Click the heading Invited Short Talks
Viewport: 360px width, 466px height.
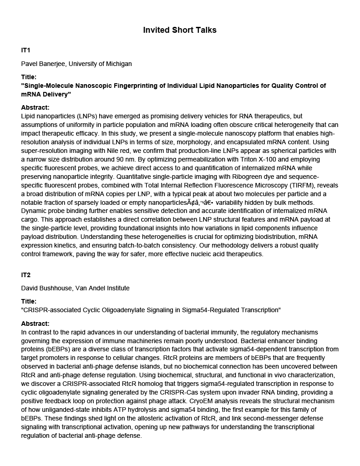(180, 30)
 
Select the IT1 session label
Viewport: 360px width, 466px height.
(26, 50)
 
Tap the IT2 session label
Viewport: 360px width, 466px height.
(26, 275)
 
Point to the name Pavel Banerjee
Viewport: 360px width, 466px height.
(44, 64)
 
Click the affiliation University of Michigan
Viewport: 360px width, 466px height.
(101, 64)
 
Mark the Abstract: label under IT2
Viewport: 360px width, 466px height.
(35, 324)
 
